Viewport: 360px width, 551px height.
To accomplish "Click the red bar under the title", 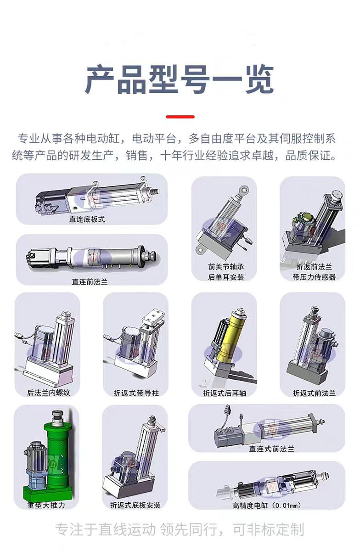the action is [180, 117].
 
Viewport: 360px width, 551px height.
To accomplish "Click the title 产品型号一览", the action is [180, 79].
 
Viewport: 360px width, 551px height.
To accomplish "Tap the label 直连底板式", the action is [87, 219].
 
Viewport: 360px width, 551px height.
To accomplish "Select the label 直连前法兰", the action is [90, 281].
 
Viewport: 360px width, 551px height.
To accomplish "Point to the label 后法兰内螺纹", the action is [49, 393].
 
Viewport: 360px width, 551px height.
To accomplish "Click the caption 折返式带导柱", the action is [136, 393].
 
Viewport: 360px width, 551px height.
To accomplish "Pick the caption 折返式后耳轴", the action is [225, 394].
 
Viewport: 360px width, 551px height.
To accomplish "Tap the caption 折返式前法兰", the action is [314, 394].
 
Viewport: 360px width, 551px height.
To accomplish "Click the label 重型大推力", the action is [46, 505].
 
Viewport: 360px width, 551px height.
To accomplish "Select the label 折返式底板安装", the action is [135, 505].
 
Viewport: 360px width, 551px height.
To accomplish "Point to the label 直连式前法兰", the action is [272, 449].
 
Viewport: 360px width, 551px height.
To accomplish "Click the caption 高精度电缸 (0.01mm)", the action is [266, 506].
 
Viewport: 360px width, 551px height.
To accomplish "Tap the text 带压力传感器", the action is [314, 277].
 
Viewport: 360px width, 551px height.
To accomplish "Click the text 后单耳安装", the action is [226, 277].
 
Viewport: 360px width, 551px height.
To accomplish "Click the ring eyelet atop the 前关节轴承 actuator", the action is [244, 189].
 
